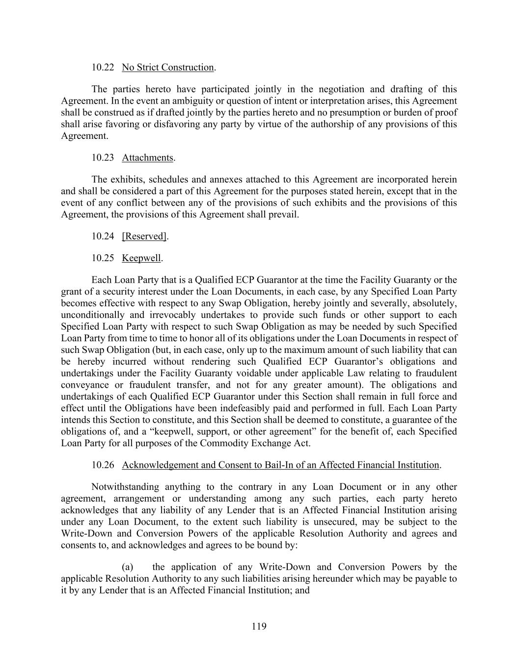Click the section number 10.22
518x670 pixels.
click(x=103, y=67)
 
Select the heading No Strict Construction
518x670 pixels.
click(x=168, y=67)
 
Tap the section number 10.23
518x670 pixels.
click(x=103, y=158)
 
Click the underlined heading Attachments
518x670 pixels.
click(x=147, y=158)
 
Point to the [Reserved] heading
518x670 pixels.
click(x=144, y=236)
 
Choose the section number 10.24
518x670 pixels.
click(x=103, y=236)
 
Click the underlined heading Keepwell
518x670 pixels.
click(x=141, y=258)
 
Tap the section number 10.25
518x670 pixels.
click(x=103, y=258)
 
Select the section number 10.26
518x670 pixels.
click(x=103, y=465)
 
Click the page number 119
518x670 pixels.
click(x=259, y=626)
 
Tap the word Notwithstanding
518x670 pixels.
click(x=125, y=487)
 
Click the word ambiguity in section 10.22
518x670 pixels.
click(x=193, y=101)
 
